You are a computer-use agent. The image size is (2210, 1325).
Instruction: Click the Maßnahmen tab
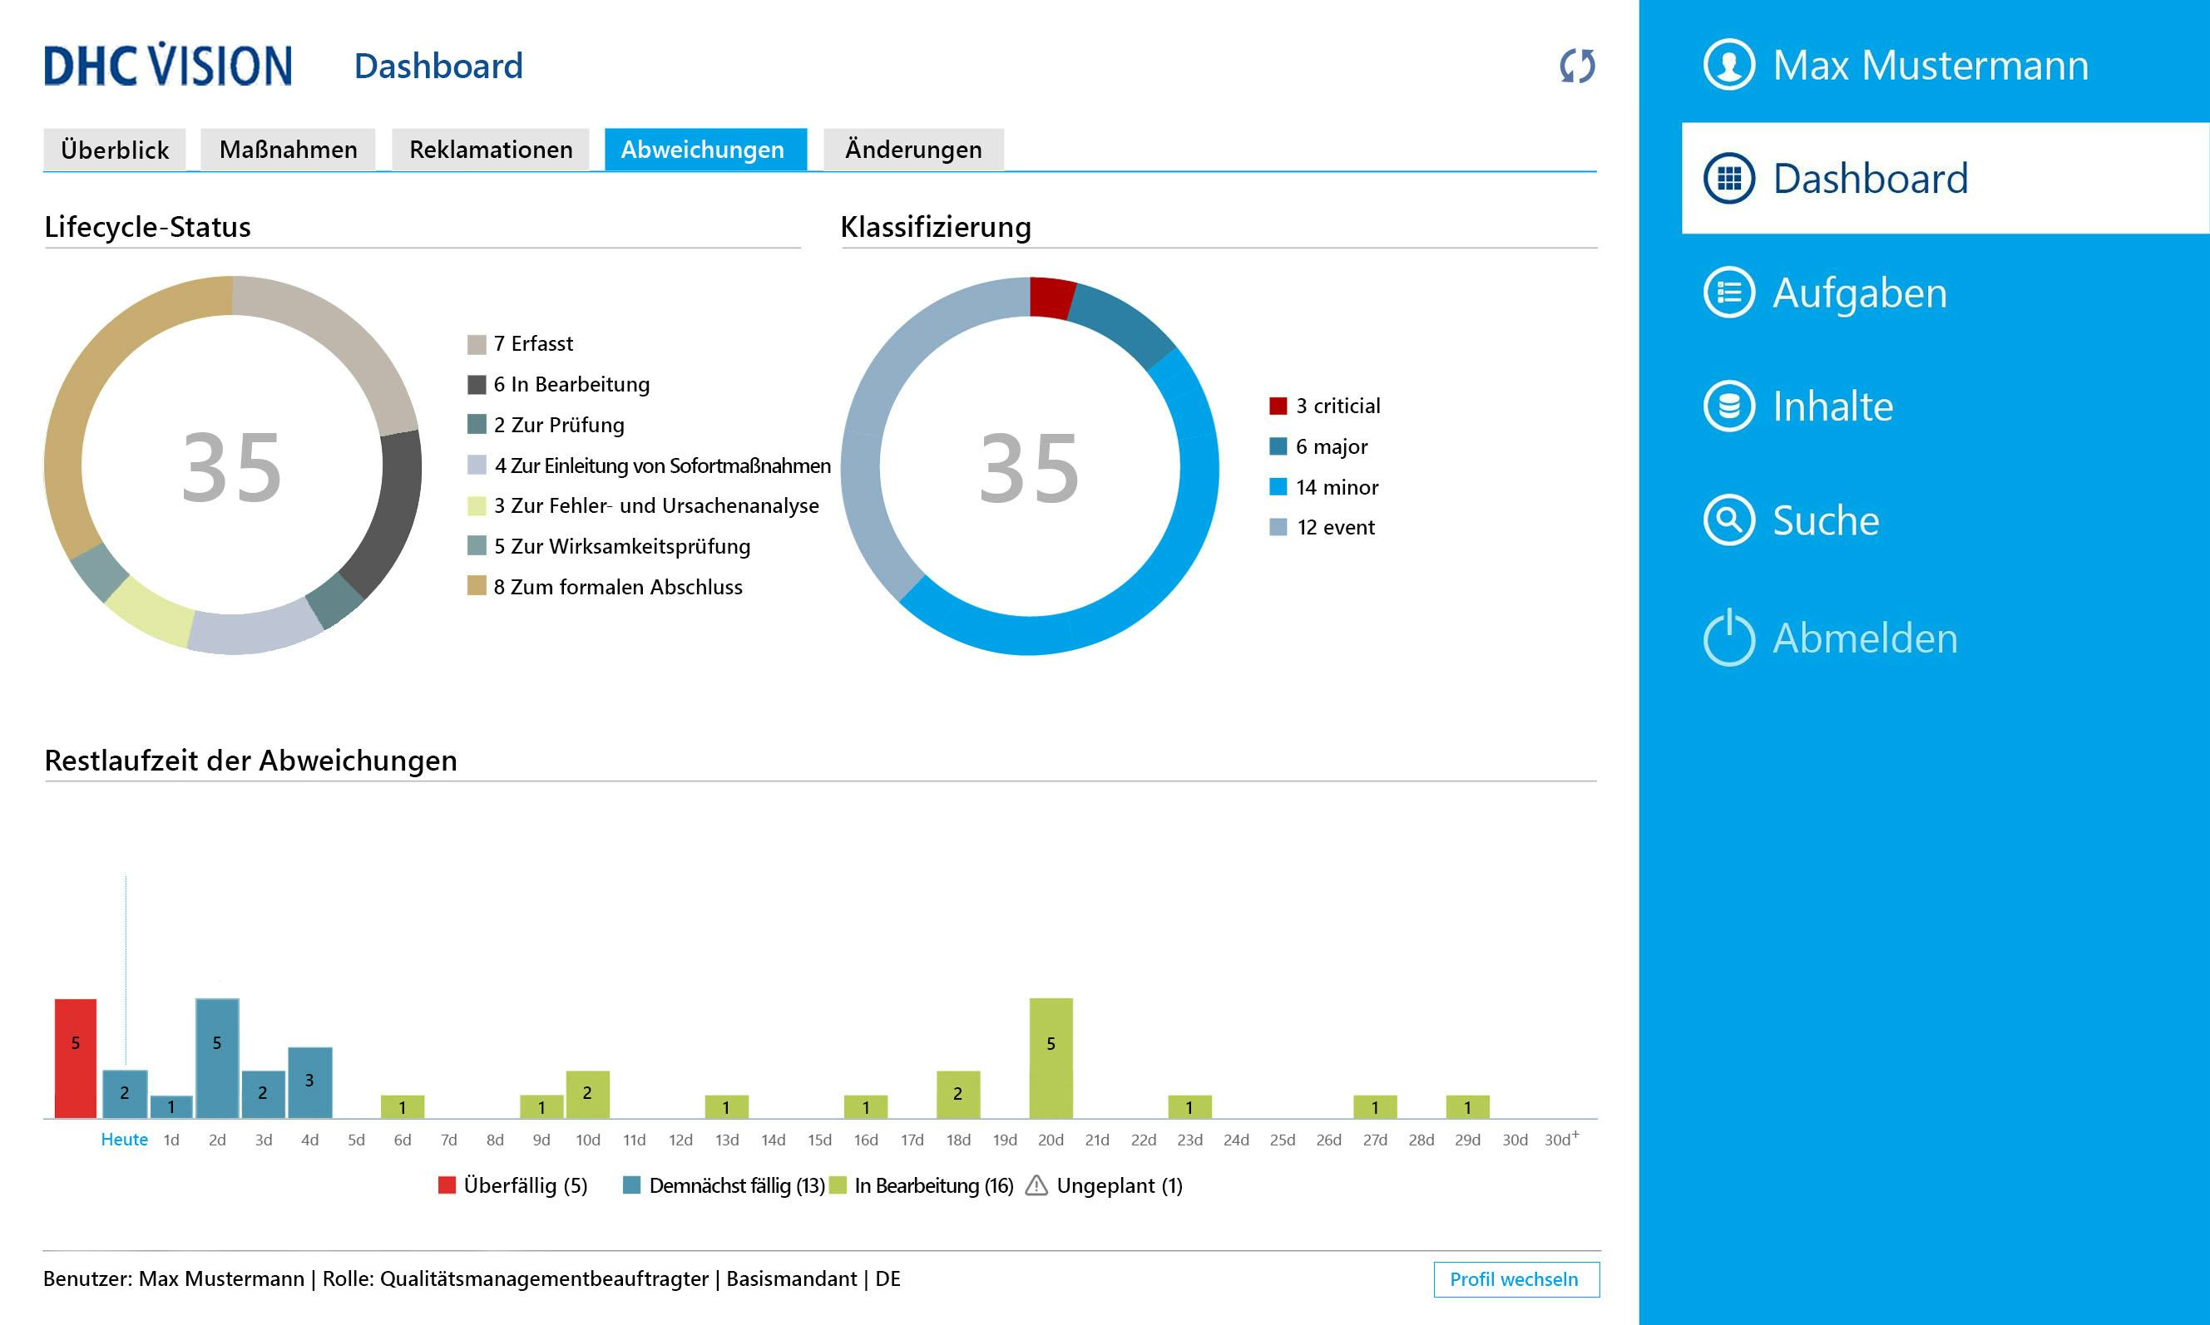point(288,149)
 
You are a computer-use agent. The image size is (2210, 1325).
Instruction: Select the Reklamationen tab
point(491,149)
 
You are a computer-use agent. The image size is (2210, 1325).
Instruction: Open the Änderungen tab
point(913,149)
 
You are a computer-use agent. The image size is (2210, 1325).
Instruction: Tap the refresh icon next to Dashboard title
point(1577,66)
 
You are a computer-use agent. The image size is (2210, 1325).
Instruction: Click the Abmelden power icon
point(1728,638)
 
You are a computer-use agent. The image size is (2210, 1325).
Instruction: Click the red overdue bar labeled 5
point(76,1058)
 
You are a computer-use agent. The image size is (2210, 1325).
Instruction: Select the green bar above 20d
point(1051,1058)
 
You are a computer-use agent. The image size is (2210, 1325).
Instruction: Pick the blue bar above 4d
point(310,1082)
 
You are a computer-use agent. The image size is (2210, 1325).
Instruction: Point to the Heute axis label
point(124,1140)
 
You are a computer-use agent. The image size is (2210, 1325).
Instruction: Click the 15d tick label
point(819,1140)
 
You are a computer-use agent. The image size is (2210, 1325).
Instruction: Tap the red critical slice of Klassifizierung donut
point(1051,298)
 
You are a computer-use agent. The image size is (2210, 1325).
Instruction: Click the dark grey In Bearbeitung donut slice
point(394,509)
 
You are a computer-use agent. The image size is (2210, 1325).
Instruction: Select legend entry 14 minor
point(1336,486)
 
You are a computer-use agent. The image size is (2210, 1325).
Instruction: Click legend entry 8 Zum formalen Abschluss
point(616,587)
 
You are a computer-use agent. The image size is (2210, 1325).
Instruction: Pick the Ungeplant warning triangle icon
point(1036,1185)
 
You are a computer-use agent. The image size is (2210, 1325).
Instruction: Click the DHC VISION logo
point(168,65)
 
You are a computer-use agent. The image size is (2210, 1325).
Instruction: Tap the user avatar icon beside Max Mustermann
point(1728,64)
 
